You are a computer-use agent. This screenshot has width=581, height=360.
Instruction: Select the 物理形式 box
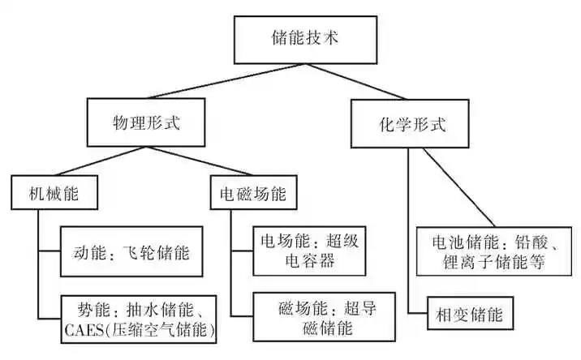[145, 125]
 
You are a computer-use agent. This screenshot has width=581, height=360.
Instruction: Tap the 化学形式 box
[413, 126]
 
